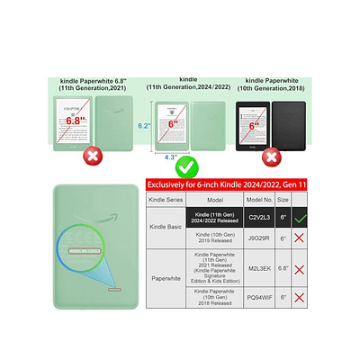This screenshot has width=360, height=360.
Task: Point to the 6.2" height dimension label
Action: click(x=143, y=127)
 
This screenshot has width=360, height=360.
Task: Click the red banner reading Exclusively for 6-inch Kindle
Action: click(x=243, y=184)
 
